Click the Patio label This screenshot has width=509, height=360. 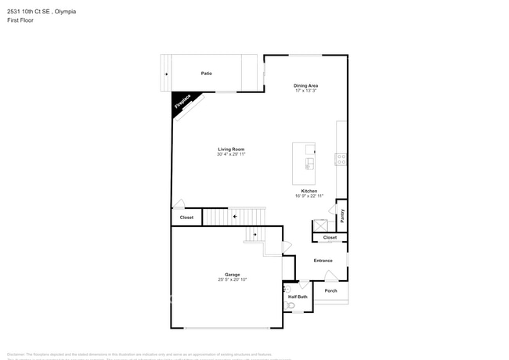(206, 73)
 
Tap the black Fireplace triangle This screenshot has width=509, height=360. (181, 103)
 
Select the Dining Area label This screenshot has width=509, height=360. (305, 85)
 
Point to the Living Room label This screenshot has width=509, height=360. (232, 149)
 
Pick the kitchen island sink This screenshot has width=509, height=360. (311, 164)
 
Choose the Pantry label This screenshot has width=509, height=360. (341, 214)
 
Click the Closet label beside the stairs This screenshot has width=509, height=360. (186, 218)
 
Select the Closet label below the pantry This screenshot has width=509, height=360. (330, 237)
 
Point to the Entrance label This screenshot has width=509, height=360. (323, 261)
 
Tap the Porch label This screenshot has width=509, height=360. (330, 290)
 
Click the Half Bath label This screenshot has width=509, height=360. (298, 297)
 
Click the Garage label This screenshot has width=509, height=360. (233, 274)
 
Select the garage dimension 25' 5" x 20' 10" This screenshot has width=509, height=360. (233, 279)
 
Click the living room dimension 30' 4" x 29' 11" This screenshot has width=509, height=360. (232, 154)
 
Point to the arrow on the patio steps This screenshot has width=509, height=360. (165, 74)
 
